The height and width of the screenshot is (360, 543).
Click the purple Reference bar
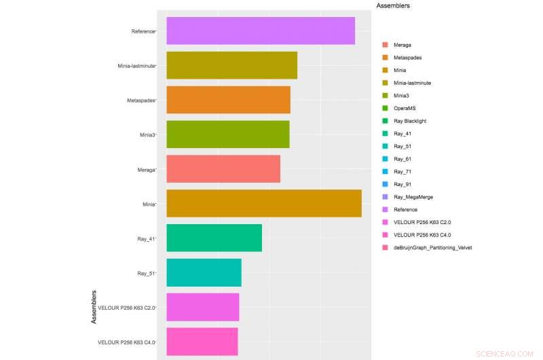[261, 31]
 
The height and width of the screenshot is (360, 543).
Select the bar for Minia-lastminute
[231, 66]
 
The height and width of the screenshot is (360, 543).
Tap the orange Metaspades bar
[228, 100]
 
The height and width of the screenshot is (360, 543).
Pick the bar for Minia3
[227, 134]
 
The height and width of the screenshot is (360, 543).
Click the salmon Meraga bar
[223, 169]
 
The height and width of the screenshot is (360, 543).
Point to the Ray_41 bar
[214, 238]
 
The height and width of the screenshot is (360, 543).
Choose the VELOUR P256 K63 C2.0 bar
[202, 307]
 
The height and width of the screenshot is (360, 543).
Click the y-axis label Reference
[143, 31]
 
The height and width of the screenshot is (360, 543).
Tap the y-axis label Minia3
[147, 134]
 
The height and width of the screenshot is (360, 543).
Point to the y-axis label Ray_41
[146, 238]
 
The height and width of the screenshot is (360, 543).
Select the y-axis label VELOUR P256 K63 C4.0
[126, 342]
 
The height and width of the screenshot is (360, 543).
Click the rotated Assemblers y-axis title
[94, 307]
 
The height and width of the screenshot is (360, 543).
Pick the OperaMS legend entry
[404, 108]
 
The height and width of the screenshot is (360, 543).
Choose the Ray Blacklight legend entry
[411, 121]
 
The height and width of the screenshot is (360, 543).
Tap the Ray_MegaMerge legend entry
[413, 197]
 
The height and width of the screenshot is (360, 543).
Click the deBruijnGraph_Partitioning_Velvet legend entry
[432, 247]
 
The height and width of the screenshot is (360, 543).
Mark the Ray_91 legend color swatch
[385, 184]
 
